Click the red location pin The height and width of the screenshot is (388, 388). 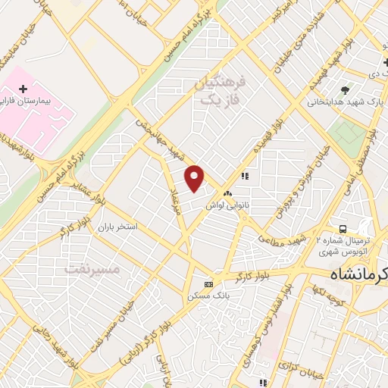[196, 178]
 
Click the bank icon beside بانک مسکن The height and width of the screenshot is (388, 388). [208, 284]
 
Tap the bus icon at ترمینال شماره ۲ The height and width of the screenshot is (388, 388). [343, 228]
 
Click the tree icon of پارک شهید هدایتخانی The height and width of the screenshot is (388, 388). [346, 90]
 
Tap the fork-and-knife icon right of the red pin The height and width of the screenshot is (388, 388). [245, 176]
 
